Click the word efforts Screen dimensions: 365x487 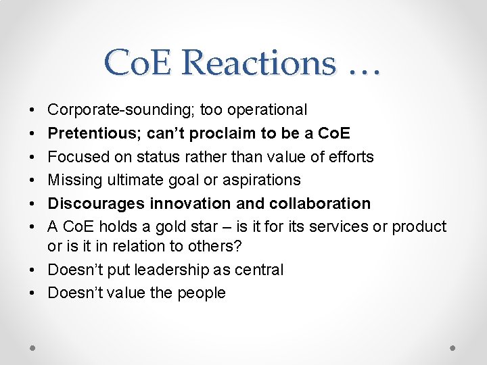[x=350, y=157]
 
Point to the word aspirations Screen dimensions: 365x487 [x=260, y=180]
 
